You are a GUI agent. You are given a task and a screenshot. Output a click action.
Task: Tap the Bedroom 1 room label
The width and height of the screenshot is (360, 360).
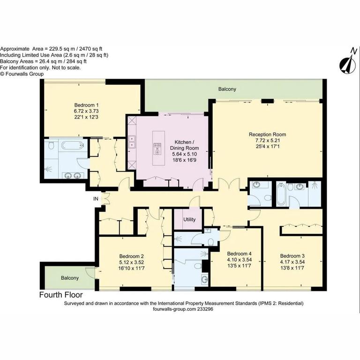tap(86, 105)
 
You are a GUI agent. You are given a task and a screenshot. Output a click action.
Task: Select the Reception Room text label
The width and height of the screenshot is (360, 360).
tap(267, 135)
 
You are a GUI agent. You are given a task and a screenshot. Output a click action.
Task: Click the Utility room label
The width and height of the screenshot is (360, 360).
tap(189, 219)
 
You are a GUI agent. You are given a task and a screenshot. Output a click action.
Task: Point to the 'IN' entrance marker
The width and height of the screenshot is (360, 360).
tap(96, 199)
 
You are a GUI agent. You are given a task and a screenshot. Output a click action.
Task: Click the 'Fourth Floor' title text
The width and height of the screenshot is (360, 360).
tap(61, 295)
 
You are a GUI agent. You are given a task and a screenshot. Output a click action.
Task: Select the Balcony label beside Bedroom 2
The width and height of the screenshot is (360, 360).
tap(70, 278)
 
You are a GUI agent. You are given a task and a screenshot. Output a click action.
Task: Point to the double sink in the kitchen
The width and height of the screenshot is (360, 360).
tap(133, 142)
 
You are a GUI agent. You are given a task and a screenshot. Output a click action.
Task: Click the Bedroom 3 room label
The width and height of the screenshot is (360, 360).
tap(292, 256)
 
